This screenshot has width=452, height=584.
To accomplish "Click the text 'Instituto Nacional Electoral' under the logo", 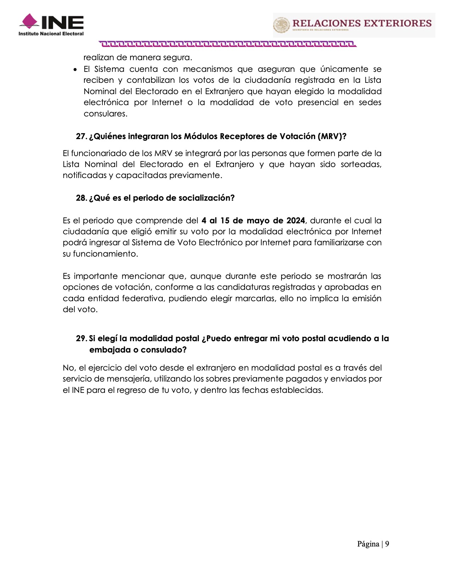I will [51, 34].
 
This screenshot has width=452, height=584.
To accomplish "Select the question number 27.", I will [81, 137].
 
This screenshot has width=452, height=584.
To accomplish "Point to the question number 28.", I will [81, 198].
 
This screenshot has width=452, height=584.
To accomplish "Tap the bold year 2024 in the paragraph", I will [295, 221].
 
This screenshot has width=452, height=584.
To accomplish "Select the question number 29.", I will [81, 339].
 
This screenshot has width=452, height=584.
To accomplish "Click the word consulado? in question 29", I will [164, 350].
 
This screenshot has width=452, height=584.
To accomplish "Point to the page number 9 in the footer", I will [387, 544].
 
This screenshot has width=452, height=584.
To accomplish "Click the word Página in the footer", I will [368, 544].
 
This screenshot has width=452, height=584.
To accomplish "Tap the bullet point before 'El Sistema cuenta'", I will [75, 69].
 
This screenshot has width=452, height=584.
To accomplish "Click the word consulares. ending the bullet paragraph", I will [105, 114].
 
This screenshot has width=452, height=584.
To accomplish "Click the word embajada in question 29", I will [109, 350].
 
